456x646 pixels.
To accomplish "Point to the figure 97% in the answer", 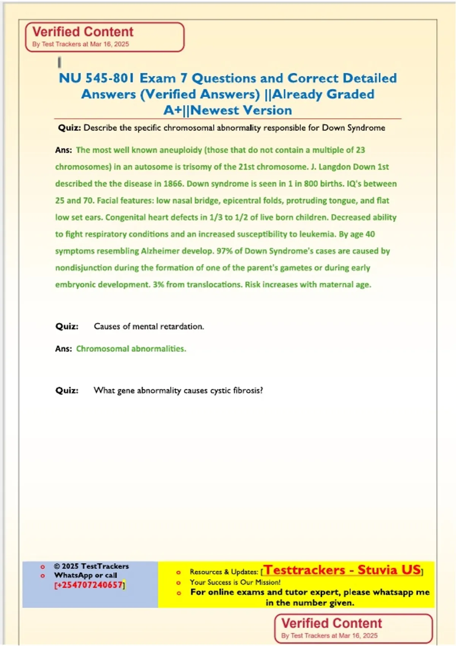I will click(x=224, y=251).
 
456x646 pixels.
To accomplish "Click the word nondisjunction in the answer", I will click(x=84, y=268).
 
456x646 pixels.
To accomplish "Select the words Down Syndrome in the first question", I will click(x=353, y=128).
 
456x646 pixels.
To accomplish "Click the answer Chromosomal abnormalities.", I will click(x=131, y=349).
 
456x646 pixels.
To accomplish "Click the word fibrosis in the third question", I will click(x=246, y=391).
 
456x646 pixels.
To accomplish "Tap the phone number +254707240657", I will click(x=89, y=585).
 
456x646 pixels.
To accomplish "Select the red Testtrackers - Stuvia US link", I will click(x=342, y=570).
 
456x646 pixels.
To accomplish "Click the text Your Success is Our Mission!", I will click(x=235, y=582).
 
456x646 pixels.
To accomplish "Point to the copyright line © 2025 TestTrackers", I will click(x=91, y=566).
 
